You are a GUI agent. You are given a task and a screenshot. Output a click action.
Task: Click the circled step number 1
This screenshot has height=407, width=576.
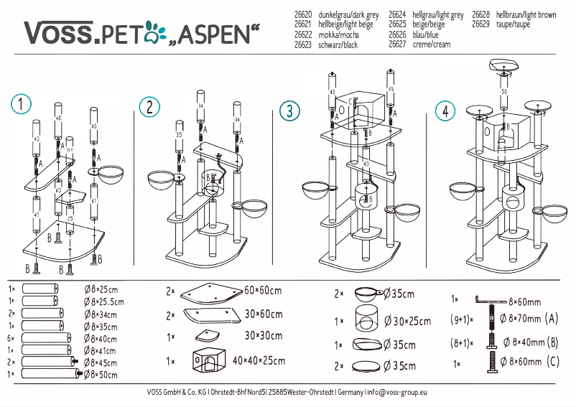pyautogui.click(x=21, y=104)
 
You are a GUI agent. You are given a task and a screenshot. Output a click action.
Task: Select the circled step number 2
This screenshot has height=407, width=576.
pyautogui.click(x=149, y=108)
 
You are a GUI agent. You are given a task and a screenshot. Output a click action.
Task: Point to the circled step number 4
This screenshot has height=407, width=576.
pyautogui.click(x=445, y=111)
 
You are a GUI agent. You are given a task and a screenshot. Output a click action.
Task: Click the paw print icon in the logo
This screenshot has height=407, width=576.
pyautogui.click(x=154, y=30)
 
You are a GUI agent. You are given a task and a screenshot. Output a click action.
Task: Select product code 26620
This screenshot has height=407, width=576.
pyautogui.click(x=303, y=14)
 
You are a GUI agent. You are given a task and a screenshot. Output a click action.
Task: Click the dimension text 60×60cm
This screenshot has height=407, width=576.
pyautogui.click(x=263, y=291)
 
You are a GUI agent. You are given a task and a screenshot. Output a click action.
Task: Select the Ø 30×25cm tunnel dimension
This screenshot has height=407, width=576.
pyautogui.click(x=407, y=321)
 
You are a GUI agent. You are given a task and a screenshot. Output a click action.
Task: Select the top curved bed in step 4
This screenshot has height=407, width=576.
pyautogui.click(x=505, y=66)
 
